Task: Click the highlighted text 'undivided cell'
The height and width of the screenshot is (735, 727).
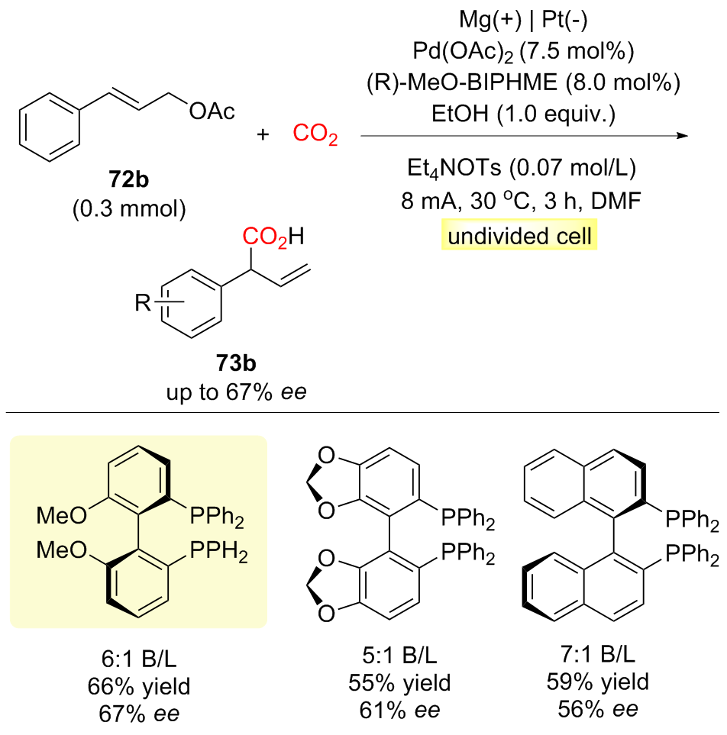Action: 519,237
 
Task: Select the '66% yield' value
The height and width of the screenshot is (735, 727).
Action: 137,688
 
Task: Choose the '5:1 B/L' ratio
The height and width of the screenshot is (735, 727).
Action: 399,658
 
